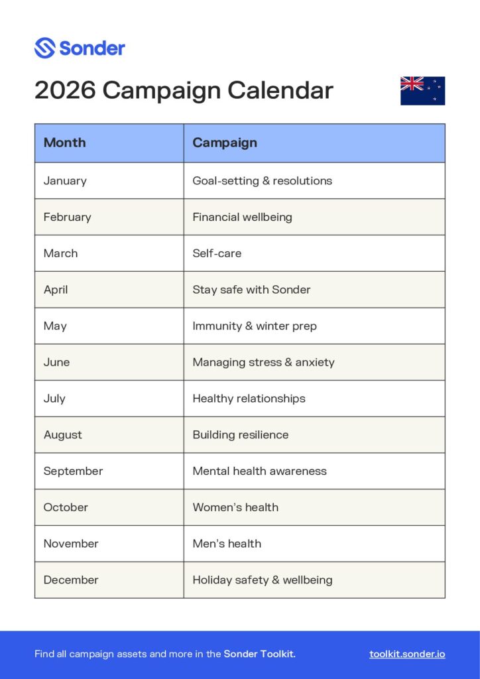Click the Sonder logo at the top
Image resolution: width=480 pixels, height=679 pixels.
click(x=80, y=48)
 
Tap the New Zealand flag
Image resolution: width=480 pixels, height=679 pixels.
click(x=422, y=91)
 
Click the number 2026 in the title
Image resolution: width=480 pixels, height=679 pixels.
click(x=65, y=90)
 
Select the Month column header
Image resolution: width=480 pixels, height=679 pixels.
click(x=64, y=143)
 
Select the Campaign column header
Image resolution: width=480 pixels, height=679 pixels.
click(x=225, y=143)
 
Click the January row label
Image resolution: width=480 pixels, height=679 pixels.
click(x=65, y=180)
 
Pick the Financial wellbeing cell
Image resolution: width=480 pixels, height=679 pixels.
click(x=242, y=217)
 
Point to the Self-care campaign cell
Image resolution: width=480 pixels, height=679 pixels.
click(x=217, y=253)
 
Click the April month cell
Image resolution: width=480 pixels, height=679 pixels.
click(x=56, y=290)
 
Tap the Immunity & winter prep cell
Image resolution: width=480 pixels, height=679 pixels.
click(x=255, y=326)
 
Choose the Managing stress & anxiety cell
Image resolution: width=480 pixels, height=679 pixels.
click(x=263, y=362)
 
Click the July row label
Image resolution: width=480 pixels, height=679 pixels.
click(x=54, y=399)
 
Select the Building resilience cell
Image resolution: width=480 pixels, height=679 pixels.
click(x=241, y=435)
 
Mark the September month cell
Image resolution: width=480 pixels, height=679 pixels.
click(x=73, y=471)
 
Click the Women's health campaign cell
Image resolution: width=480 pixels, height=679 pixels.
click(x=235, y=507)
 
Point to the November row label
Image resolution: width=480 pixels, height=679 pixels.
click(x=71, y=544)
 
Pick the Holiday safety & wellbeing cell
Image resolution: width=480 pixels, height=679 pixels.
click(x=263, y=580)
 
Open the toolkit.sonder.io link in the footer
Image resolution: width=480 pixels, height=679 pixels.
click(x=407, y=654)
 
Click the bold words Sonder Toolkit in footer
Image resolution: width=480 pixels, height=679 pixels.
click(x=259, y=654)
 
